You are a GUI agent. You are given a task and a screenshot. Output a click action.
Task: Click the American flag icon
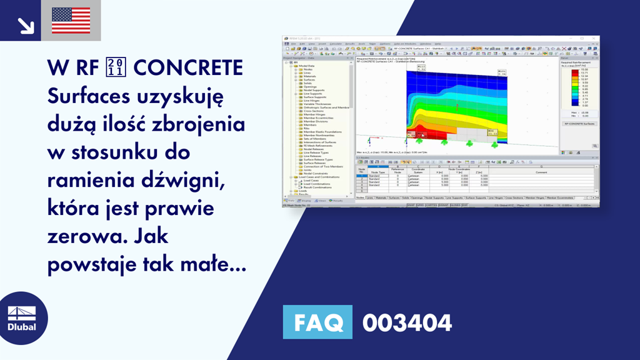pos(71,20)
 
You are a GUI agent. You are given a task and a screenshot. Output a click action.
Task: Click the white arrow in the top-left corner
pos(26,24)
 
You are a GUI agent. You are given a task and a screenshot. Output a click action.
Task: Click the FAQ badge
pos(317,323)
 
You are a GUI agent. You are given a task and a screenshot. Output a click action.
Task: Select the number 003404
pos(407,323)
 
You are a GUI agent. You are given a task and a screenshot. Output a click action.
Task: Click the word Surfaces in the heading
pos(86,96)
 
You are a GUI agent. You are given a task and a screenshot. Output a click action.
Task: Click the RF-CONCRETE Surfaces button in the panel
pos(578,124)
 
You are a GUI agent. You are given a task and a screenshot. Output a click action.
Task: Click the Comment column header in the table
pos(541,172)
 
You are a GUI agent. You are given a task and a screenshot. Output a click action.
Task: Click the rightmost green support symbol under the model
pos(494,144)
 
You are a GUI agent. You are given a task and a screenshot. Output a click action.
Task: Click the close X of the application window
pos(596,39)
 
